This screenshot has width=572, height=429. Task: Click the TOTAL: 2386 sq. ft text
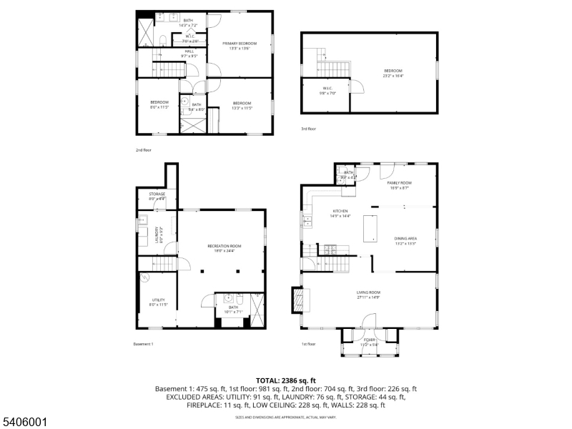click(286, 380)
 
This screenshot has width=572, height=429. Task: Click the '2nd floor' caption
click(143, 150)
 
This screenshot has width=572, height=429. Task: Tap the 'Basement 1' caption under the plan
click(144, 344)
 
